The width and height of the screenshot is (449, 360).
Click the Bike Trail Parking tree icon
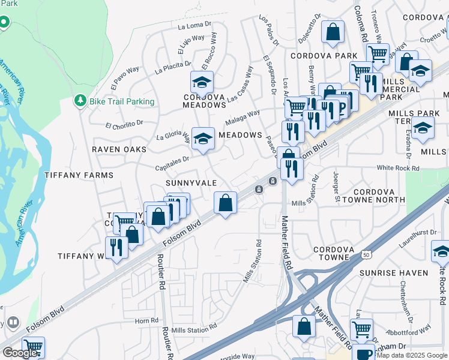point(80,101)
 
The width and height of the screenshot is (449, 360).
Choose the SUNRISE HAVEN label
point(393,273)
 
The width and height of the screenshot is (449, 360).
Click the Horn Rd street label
point(146,321)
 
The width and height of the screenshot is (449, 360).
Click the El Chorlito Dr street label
point(124,125)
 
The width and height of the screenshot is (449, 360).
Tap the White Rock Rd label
point(397,169)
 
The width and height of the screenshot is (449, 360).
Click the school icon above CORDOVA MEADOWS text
point(202,82)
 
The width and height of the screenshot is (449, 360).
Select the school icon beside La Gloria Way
point(203,138)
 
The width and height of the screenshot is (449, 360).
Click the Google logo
point(20,353)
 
